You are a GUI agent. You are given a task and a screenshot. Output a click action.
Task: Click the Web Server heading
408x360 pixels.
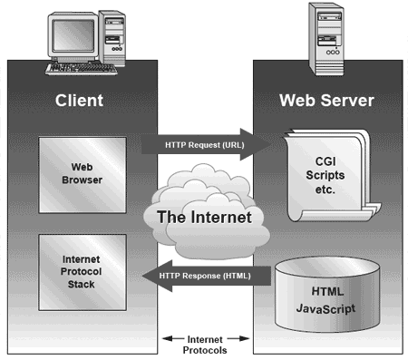[324, 100]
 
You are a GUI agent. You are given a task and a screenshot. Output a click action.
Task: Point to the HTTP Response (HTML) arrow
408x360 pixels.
[207, 276]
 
